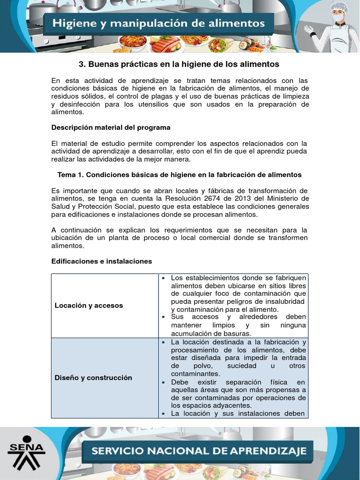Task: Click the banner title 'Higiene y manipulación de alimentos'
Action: pos(158,23)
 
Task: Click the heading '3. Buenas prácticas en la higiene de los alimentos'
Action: pos(180,64)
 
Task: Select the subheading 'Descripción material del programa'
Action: pos(111,127)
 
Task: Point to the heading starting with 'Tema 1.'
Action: pos(180,174)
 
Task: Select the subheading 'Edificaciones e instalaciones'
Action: pos(101,261)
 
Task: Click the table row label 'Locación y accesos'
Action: pos(89,305)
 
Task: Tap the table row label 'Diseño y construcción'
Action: pos(93,377)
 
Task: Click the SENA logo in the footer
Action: pos(26,452)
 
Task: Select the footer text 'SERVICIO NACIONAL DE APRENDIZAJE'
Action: pos(199,451)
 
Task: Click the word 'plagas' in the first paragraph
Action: pos(173,97)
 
